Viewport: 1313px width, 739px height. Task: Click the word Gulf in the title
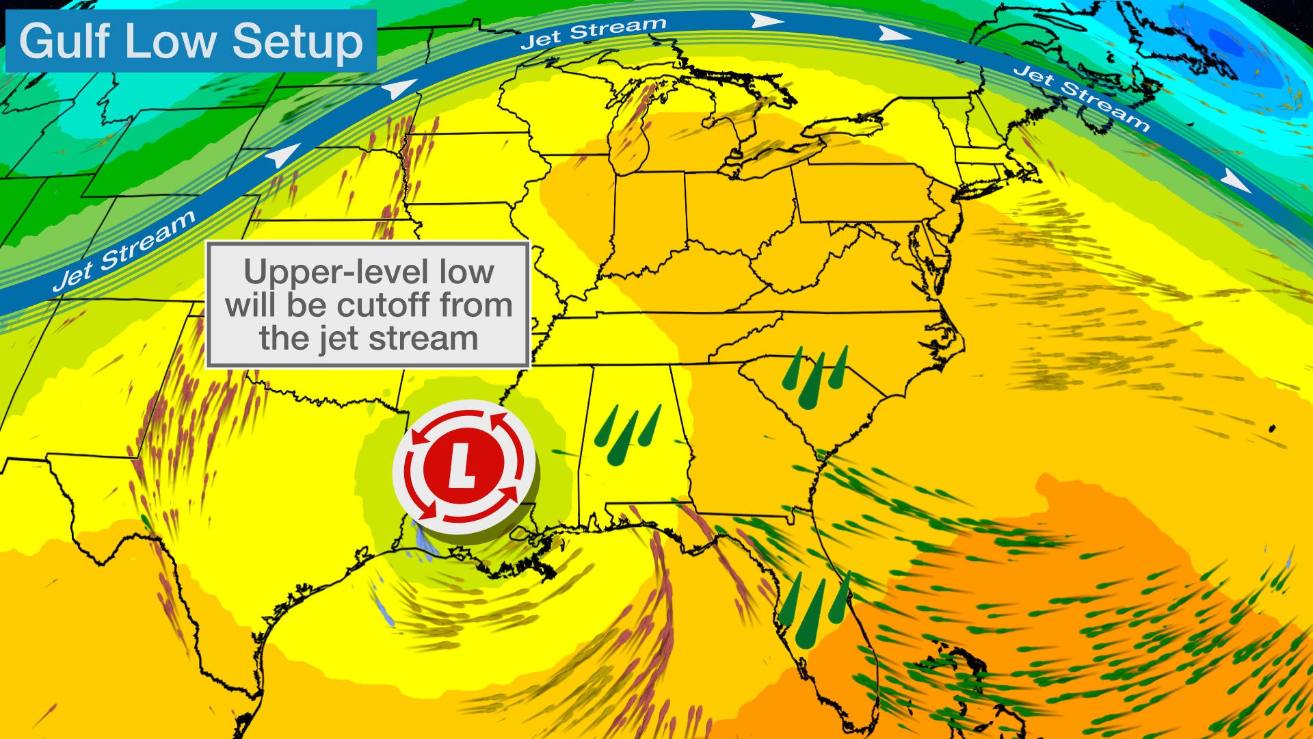click(x=65, y=41)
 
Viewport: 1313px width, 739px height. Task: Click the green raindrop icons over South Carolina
click(x=816, y=377)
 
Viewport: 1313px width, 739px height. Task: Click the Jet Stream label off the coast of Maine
click(x=1080, y=97)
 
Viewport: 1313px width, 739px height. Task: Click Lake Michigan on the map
click(x=633, y=137)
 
